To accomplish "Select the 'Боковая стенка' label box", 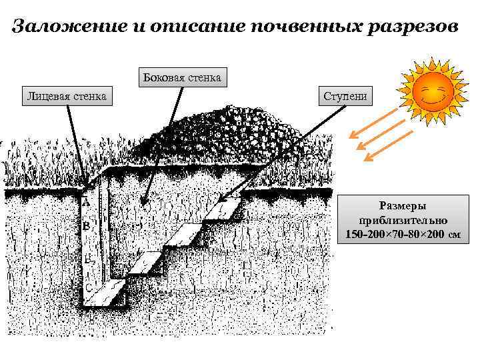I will [x=181, y=77].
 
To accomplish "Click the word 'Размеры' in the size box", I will [x=402, y=207].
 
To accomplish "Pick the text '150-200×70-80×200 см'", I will [x=402, y=235].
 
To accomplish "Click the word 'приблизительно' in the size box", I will [x=402, y=221].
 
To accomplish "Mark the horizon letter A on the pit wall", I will [x=86, y=200].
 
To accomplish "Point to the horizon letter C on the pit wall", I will [x=88, y=287].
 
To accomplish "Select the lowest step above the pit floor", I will [x=145, y=264].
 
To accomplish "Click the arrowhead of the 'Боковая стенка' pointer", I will [x=143, y=203].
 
